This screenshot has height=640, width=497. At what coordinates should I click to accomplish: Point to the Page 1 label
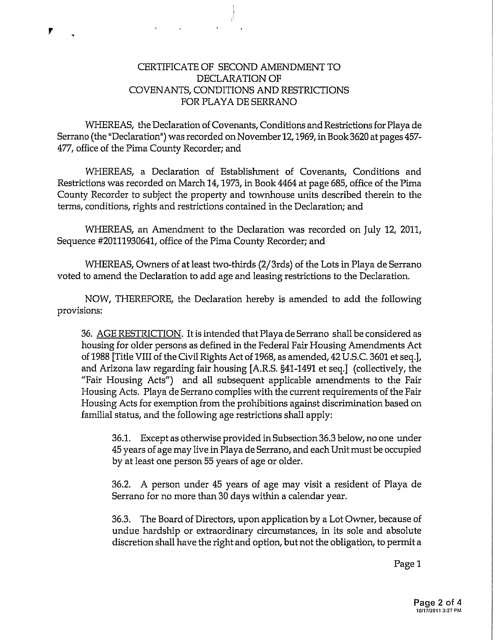tap(407, 564)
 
